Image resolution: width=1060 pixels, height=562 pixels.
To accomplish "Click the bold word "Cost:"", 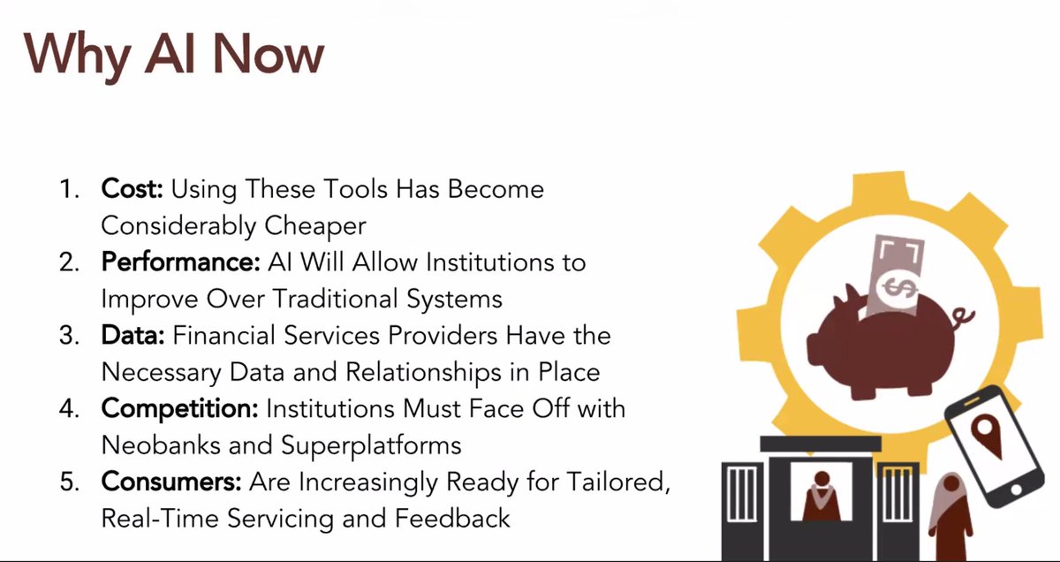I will pos(132,188).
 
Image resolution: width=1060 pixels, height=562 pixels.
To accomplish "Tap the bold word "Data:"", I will pos(133,337).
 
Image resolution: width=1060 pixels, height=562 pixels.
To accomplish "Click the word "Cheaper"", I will pos(315,225).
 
